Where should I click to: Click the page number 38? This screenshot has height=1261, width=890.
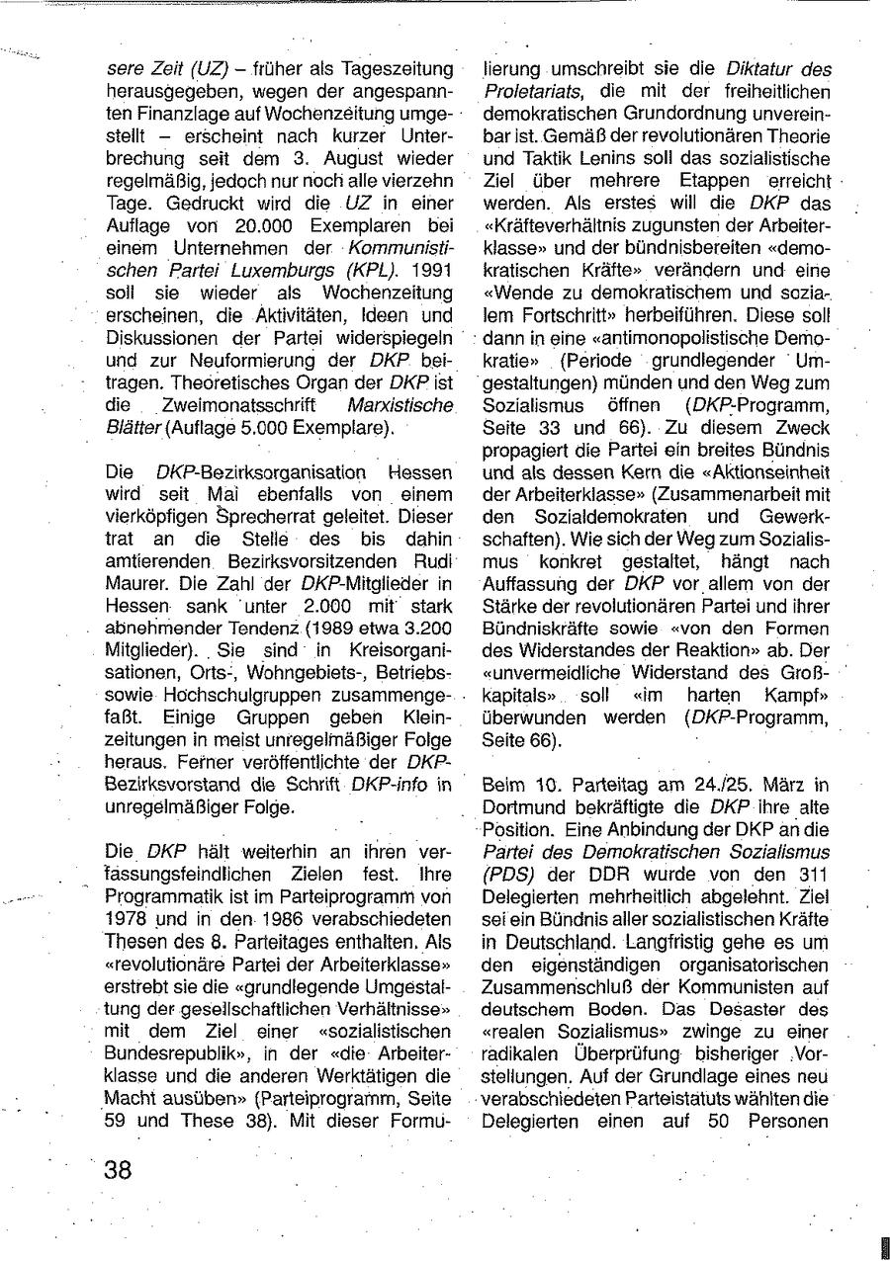click(118, 1170)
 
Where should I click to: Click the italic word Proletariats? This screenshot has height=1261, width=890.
click(532, 91)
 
